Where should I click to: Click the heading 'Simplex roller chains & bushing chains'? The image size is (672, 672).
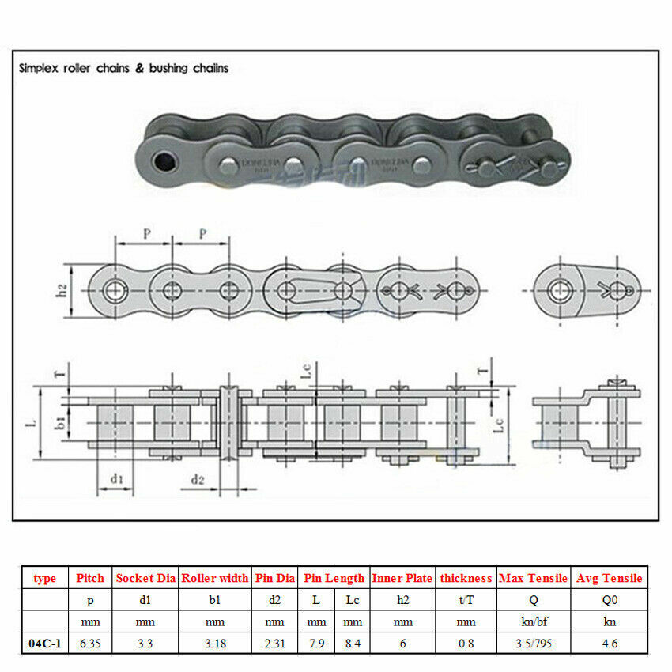[124, 68]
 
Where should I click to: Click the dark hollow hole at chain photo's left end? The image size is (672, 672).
[164, 161]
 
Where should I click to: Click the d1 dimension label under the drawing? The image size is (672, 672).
[116, 478]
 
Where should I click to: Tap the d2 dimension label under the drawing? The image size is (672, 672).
[198, 479]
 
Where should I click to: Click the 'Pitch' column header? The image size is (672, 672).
[90, 578]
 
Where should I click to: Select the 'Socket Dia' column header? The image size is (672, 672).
[145, 578]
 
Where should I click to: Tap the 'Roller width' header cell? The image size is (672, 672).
[215, 578]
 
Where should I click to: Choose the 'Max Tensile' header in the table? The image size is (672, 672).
[534, 578]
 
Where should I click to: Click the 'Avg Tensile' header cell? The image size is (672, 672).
[610, 578]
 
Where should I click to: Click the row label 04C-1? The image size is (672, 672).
[45, 643]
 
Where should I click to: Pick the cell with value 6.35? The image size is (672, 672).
[90, 643]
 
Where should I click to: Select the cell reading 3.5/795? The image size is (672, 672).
[534, 643]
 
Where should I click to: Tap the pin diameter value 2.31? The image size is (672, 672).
[274, 643]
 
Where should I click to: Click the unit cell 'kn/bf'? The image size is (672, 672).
[534, 621]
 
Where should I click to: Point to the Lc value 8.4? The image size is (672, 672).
[353, 643]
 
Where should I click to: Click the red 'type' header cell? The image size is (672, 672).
[45, 578]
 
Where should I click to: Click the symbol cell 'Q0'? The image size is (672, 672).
[610, 600]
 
